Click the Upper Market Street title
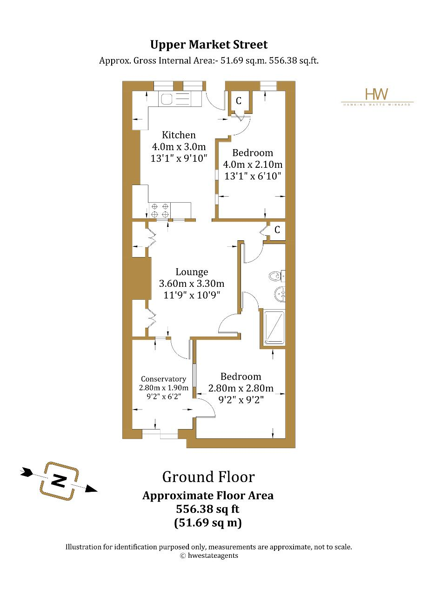point(209,45)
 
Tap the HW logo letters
point(376,94)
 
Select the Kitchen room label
point(179,135)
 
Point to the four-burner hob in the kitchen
point(160,210)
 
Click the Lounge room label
point(192,272)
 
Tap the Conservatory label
point(163,379)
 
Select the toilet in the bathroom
point(277,277)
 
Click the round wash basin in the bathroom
point(280,294)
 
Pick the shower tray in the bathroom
point(274,328)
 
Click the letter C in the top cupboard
point(239,101)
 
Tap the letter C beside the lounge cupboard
point(277,230)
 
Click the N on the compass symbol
point(59,481)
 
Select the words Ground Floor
point(208,477)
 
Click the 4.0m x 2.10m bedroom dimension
point(253,165)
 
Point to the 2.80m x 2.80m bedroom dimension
point(241,388)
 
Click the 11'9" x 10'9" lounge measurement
point(192,295)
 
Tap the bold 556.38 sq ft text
point(207,509)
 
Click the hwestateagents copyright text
point(209,555)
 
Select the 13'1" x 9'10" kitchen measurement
point(179,159)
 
